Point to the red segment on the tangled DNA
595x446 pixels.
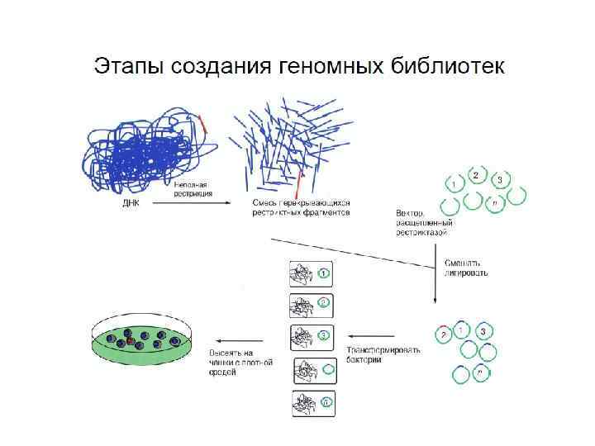[203, 124]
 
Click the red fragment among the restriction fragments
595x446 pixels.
[302, 183]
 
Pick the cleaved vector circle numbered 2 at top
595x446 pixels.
[475, 176]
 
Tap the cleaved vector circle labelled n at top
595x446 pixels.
[494, 202]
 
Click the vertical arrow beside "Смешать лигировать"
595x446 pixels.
[436, 273]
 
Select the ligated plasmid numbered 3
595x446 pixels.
[483, 332]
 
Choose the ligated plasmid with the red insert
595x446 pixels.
[446, 333]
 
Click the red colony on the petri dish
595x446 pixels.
[130, 340]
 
